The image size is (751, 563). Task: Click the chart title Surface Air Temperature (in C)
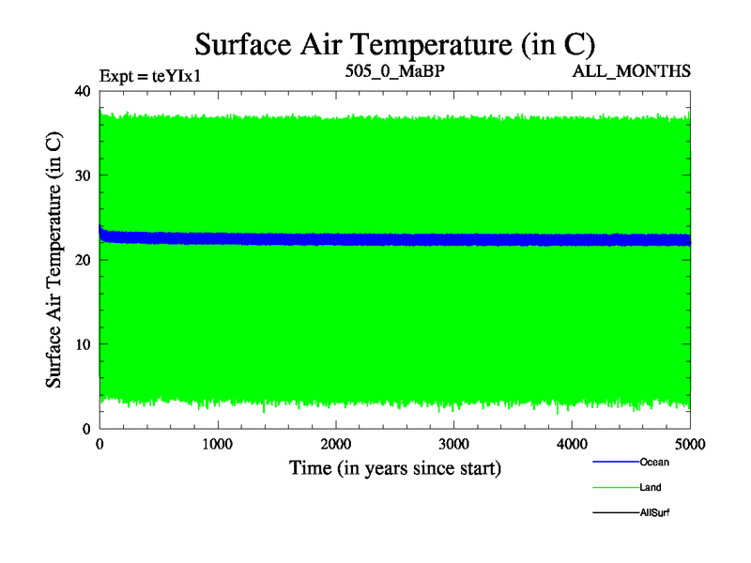394,44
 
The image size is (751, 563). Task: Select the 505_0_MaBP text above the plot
393,70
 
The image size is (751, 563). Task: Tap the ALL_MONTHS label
632,71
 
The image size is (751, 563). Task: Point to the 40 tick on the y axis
82,91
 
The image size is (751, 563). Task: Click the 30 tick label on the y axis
82,175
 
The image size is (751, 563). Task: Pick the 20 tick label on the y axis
82,260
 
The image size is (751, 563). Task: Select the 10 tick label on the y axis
82,344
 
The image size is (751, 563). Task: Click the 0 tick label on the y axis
86,429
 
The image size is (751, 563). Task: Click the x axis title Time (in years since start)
394,467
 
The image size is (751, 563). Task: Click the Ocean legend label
654,462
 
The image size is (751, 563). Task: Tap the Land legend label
651,487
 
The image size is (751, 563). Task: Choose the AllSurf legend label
654,512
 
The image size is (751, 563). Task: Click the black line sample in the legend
615,512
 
